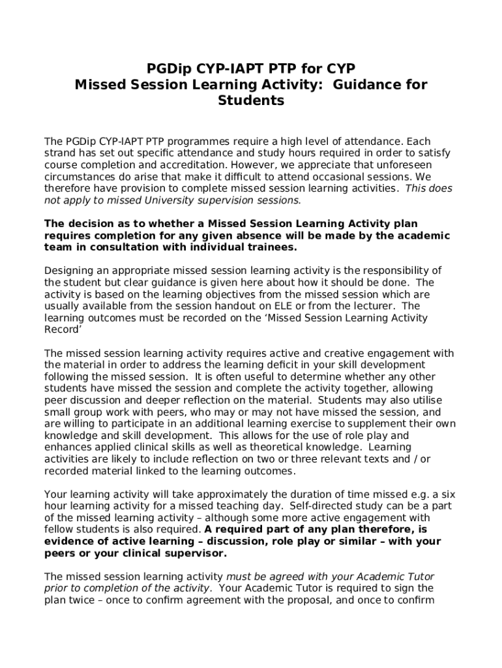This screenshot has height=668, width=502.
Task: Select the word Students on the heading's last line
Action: pos(251,100)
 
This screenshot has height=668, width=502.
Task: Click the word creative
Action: pos(303,353)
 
